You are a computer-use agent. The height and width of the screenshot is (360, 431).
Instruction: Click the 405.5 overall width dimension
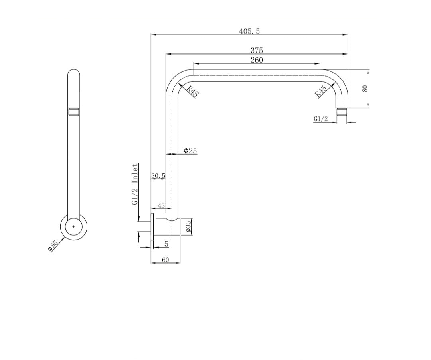(249, 31)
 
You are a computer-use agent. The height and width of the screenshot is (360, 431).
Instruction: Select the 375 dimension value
(257, 51)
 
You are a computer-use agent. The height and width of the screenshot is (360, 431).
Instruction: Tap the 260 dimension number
(257, 60)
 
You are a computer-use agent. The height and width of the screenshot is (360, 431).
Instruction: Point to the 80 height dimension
(365, 89)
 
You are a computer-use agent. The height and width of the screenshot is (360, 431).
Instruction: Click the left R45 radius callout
(192, 91)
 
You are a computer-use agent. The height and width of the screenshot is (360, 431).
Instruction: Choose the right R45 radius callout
(321, 91)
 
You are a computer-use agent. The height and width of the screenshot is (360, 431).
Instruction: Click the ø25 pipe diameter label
(190, 150)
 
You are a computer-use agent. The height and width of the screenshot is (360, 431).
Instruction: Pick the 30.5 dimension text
(158, 175)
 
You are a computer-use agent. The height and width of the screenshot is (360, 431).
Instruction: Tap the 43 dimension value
(161, 205)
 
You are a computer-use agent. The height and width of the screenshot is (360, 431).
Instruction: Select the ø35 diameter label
(188, 227)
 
